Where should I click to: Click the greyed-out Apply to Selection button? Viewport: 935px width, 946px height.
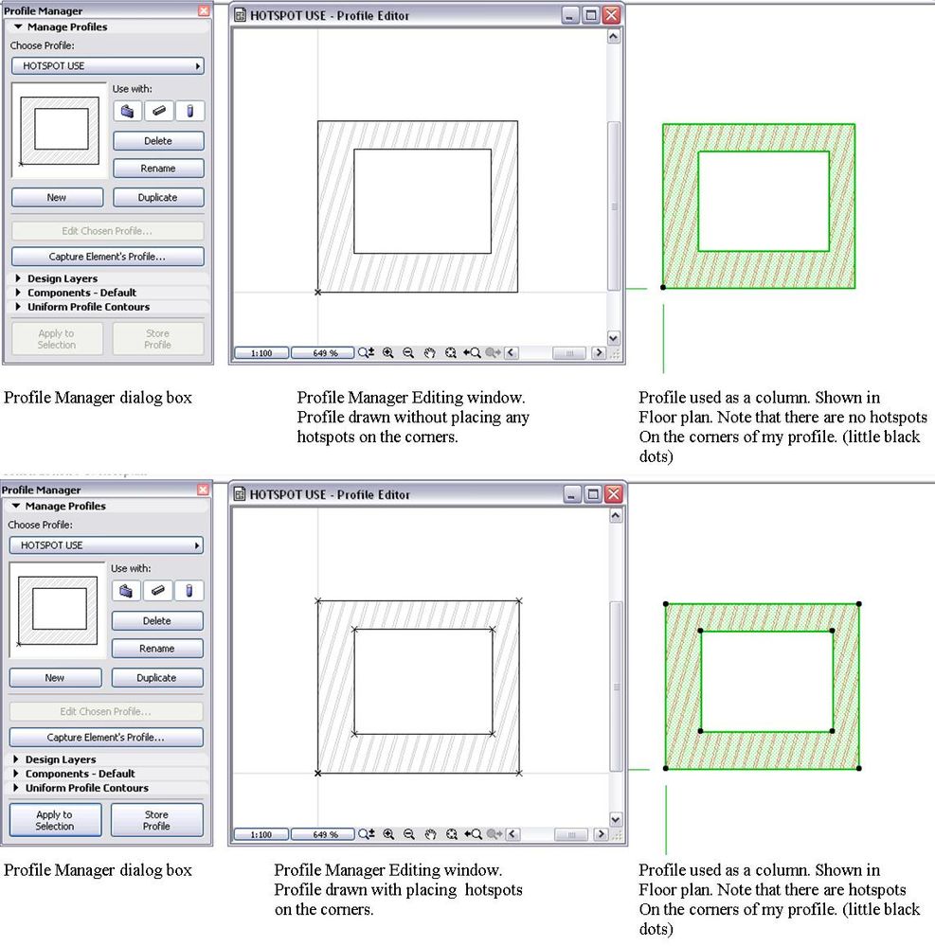pyautogui.click(x=57, y=338)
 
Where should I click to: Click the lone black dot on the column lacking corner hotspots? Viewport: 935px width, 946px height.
pyautogui.click(x=663, y=287)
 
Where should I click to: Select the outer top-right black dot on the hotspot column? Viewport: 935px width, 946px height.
pyautogui.click(x=859, y=604)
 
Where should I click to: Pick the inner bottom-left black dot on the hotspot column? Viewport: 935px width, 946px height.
pyautogui.click(x=700, y=731)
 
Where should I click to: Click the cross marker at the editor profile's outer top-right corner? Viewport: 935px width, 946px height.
pyautogui.click(x=518, y=601)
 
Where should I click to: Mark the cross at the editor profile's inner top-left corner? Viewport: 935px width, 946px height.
pyautogui.click(x=354, y=630)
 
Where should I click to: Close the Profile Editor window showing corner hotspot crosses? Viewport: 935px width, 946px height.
pyautogui.click(x=613, y=494)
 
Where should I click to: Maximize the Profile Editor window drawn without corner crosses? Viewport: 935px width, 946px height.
pyautogui.click(x=591, y=15)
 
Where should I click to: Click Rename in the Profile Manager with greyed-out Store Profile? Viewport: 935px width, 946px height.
pyautogui.click(x=158, y=169)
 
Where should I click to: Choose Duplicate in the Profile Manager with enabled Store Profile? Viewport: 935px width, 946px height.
pyautogui.click(x=156, y=677)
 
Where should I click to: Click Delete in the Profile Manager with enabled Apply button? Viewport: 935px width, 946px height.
pyautogui.click(x=156, y=621)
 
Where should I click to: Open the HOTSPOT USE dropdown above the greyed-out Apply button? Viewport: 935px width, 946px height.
pyautogui.click(x=107, y=65)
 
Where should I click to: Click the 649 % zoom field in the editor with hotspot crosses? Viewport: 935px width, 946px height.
pyautogui.click(x=324, y=834)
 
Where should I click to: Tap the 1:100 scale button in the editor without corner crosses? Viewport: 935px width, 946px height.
pyautogui.click(x=261, y=353)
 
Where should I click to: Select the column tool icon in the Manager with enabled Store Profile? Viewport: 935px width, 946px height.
pyautogui.click(x=189, y=591)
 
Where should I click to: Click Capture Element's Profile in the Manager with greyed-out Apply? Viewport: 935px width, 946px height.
pyautogui.click(x=107, y=257)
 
